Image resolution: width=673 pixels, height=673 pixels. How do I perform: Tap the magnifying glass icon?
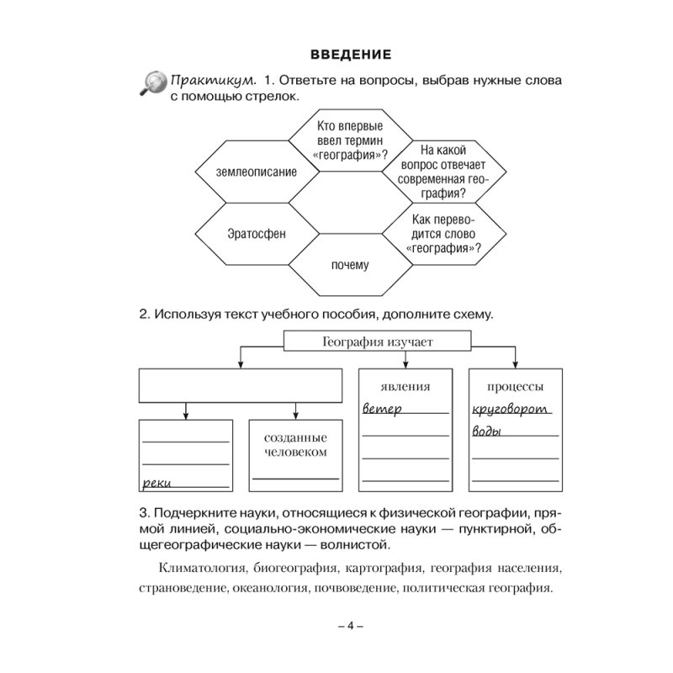(152, 83)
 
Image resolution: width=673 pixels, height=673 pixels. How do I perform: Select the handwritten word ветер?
(383, 409)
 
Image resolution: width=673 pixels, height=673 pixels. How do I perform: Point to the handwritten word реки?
(158, 483)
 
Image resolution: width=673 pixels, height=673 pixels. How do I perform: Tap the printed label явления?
(405, 387)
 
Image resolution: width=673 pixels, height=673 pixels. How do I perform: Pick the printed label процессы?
(514, 387)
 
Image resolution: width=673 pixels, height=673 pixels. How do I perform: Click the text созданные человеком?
(294, 445)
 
